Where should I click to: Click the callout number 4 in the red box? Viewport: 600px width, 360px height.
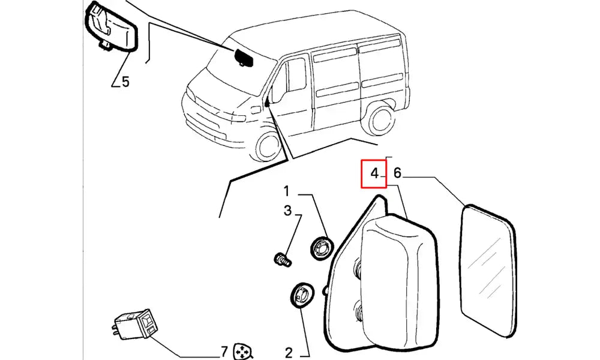(x=374, y=173)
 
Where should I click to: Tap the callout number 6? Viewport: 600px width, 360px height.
(x=397, y=173)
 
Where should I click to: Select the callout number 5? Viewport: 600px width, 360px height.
(x=125, y=82)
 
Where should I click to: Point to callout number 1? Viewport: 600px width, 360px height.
(x=286, y=191)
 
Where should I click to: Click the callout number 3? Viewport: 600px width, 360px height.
(x=287, y=211)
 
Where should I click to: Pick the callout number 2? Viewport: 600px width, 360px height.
(x=289, y=352)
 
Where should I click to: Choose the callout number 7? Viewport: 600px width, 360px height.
(x=224, y=351)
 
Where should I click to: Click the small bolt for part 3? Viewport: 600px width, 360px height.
(x=283, y=259)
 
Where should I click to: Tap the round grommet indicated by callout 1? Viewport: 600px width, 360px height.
(x=322, y=248)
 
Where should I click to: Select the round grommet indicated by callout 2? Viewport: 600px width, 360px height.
(x=302, y=295)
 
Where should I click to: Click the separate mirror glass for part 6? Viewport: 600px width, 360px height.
(x=487, y=271)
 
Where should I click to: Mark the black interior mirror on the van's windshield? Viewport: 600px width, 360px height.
(x=243, y=58)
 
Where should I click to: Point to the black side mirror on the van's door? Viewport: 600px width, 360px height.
(x=267, y=102)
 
